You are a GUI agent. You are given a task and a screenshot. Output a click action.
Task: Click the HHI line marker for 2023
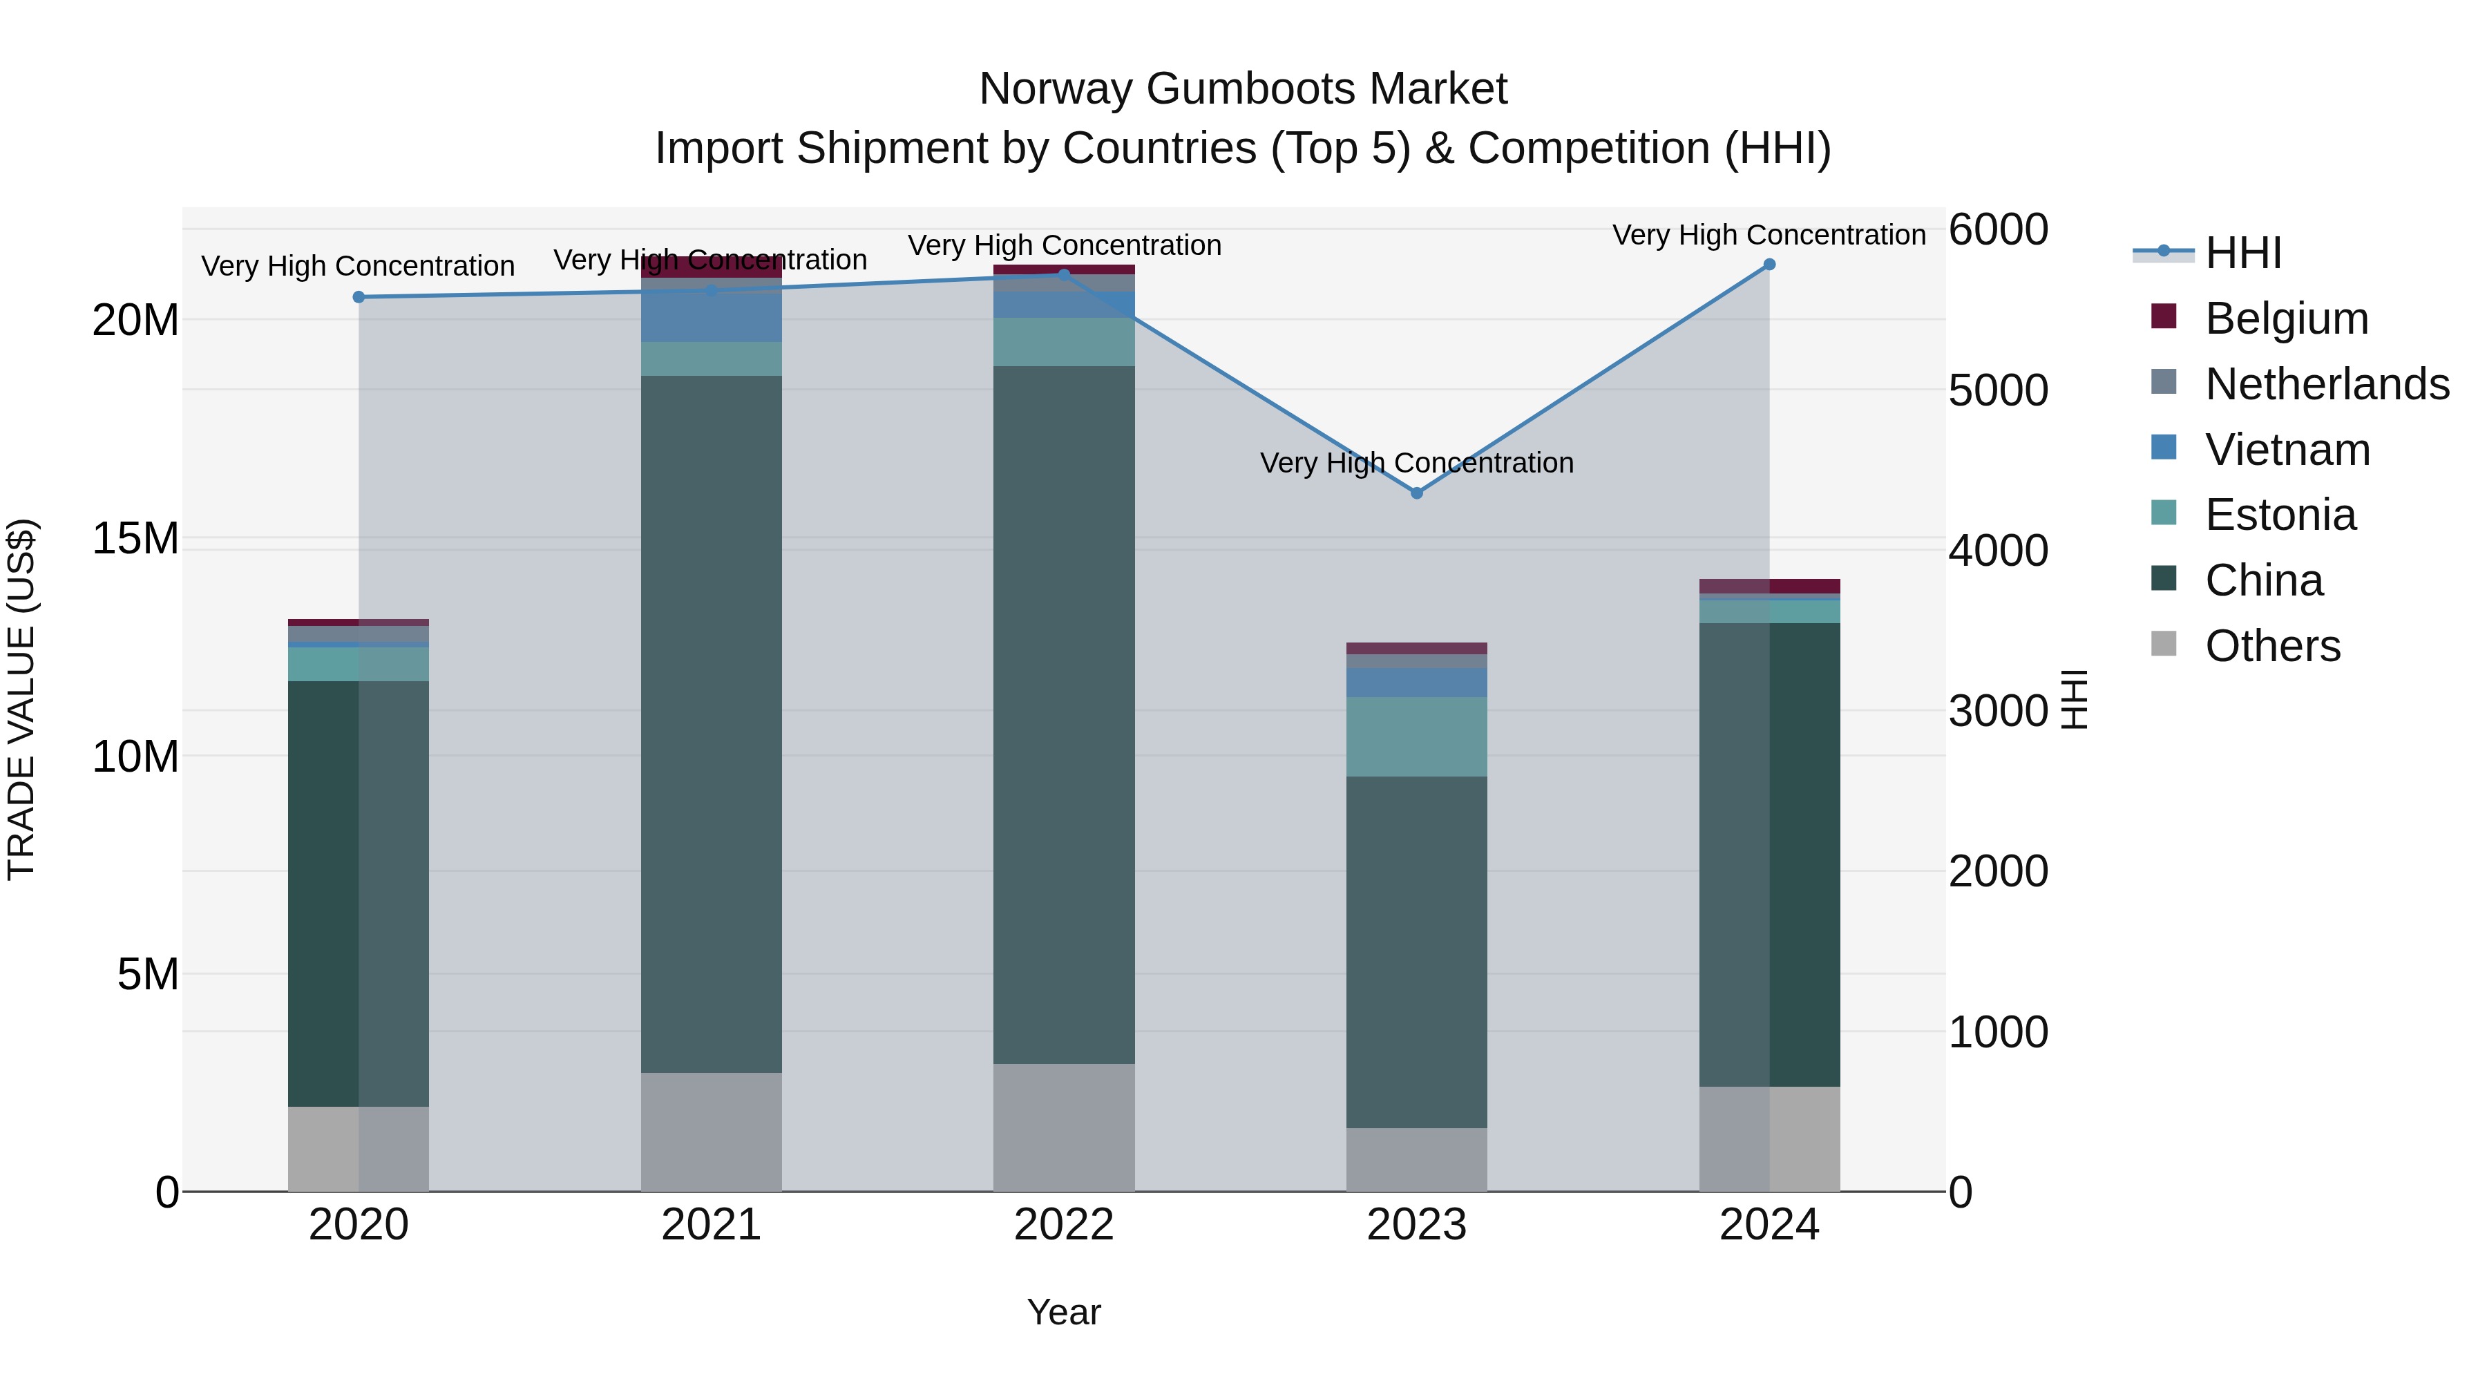point(1416,493)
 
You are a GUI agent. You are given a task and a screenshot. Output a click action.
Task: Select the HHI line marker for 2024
point(1769,265)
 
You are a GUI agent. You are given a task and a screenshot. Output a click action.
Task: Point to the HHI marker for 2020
point(359,297)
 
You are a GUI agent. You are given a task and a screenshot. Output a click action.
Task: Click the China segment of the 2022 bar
point(1064,714)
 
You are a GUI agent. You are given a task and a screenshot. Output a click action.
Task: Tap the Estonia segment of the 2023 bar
point(1416,736)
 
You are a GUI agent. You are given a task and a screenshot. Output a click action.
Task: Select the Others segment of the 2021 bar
point(712,1132)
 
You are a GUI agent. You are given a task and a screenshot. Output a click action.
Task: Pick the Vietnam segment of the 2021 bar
point(712,316)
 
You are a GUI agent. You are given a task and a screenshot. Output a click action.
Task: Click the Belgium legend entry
point(2286,318)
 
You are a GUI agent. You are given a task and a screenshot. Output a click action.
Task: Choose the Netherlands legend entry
point(2327,384)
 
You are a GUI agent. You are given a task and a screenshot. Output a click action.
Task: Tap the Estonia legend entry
point(2280,515)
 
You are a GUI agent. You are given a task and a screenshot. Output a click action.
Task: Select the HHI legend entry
point(2242,253)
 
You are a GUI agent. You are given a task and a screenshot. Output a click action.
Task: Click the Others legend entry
point(2273,646)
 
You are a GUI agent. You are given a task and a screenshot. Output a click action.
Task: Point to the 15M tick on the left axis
point(135,539)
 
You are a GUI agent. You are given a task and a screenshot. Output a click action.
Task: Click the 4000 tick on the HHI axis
point(1997,551)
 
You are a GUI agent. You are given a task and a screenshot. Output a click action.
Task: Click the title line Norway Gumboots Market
point(1243,90)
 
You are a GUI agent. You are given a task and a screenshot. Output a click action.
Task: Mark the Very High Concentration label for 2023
point(1416,464)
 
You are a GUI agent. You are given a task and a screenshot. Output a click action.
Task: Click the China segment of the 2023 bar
point(1416,951)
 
